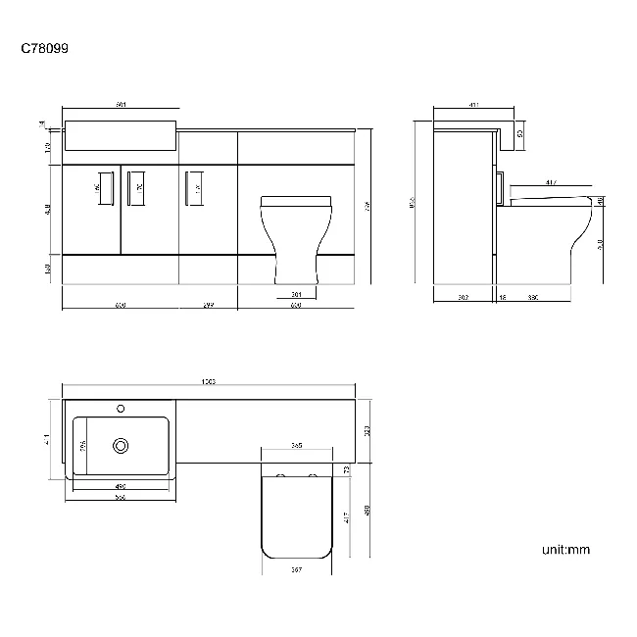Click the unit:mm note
[x=565, y=549]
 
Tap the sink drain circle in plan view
[x=121, y=446]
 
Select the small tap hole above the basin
[x=121, y=408]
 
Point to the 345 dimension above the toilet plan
[x=296, y=445]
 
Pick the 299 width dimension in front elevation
[x=208, y=306]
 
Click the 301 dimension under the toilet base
[x=296, y=294]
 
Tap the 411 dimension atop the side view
[x=474, y=104]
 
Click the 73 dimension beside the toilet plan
[x=348, y=470]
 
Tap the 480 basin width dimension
[x=121, y=487]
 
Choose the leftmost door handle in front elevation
[x=99, y=187]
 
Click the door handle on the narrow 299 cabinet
[x=195, y=187]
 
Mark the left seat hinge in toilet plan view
[x=280, y=477]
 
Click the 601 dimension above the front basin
[x=121, y=104]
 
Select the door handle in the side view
[x=501, y=185]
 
